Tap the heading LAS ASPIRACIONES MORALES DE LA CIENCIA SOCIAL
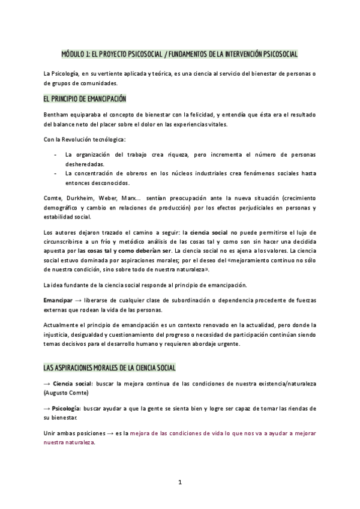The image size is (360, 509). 110,367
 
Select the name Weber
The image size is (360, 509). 110,198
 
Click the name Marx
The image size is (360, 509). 133,198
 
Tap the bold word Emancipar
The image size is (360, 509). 58,299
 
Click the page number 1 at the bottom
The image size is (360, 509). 179,483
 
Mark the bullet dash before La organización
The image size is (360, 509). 56,155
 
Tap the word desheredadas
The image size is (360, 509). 85,164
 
